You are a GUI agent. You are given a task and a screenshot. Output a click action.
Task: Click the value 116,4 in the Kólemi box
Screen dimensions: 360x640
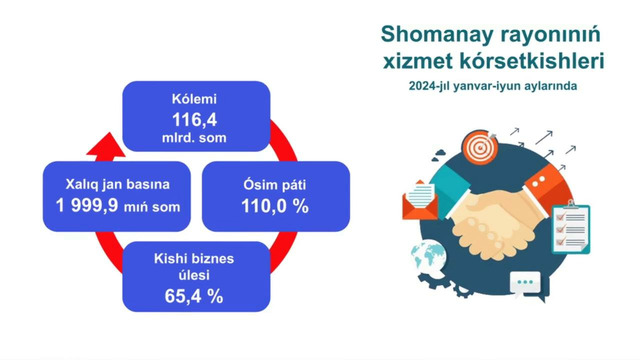[x=195, y=117]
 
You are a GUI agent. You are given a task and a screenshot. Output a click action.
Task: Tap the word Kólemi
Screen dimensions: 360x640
[x=195, y=100]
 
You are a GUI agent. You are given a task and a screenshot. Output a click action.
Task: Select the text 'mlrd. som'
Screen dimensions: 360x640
[x=195, y=134]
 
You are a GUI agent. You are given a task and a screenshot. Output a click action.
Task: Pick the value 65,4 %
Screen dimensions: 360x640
[x=195, y=296]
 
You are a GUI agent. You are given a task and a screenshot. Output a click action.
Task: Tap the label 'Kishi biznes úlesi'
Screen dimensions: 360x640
[x=195, y=267]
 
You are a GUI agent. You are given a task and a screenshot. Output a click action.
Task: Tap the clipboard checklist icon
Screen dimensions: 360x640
[x=570, y=228]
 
